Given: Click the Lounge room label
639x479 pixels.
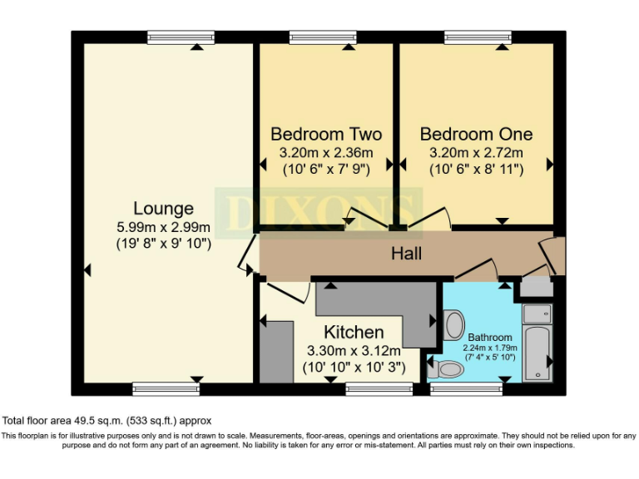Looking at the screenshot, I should click(x=163, y=209).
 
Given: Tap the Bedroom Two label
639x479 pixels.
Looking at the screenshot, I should click(x=326, y=134).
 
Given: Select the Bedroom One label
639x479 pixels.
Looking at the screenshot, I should click(x=476, y=134).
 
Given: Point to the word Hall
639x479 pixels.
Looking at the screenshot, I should click(x=407, y=253).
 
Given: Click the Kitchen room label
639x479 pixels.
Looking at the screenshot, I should click(x=354, y=333).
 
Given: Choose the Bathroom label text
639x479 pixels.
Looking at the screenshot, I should click(x=489, y=337).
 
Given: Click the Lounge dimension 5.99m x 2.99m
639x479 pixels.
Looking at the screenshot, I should click(x=163, y=227).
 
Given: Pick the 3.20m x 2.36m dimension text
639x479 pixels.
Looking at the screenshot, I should click(x=326, y=153).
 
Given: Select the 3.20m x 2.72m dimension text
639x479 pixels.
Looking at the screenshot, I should click(x=476, y=153).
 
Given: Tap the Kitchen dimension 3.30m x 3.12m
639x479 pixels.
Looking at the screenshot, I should click(x=354, y=351).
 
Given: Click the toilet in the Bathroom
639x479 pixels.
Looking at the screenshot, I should click(x=450, y=368).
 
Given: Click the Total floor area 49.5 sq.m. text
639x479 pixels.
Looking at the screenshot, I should click(x=108, y=420).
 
